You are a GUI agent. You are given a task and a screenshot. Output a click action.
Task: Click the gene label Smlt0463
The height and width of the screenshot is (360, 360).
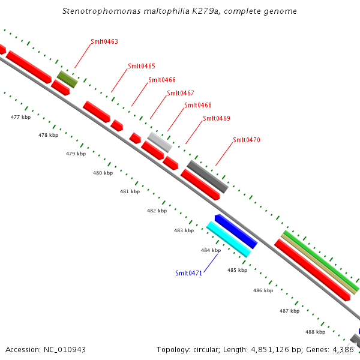click(104, 42)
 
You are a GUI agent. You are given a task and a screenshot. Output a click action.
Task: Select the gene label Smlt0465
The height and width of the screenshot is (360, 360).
click(141, 66)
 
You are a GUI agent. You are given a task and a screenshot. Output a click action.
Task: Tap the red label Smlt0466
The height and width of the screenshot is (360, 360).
click(161, 80)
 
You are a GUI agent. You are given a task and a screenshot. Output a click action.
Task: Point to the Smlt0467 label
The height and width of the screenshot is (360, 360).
click(180, 93)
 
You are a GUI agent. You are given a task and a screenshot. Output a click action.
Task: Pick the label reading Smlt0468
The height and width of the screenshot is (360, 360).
click(197, 105)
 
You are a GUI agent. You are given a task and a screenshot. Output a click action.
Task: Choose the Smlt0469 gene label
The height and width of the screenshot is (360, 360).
click(216, 118)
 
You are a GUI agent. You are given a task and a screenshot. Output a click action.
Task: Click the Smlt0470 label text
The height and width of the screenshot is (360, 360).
click(246, 140)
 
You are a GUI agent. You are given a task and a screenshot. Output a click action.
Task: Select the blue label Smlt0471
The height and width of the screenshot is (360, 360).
click(188, 273)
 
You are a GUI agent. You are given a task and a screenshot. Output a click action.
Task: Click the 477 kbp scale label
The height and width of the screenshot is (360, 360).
click(20, 117)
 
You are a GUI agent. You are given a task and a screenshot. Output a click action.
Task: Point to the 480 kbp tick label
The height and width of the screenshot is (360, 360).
click(103, 173)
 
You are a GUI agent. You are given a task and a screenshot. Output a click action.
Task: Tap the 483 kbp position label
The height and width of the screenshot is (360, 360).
click(184, 230)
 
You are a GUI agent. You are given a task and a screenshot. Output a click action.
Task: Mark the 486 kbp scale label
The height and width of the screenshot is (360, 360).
click(263, 290)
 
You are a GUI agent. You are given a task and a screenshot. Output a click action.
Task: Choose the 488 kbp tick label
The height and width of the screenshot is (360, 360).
click(315, 332)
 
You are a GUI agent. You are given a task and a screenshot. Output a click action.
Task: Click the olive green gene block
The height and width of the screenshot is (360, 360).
click(67, 79)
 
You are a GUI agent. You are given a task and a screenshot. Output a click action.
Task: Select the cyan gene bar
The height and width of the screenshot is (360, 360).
click(228, 239)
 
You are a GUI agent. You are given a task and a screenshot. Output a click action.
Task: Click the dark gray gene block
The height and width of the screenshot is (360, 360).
click(208, 176)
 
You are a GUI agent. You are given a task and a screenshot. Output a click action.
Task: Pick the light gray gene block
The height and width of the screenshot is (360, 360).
click(160, 142)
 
